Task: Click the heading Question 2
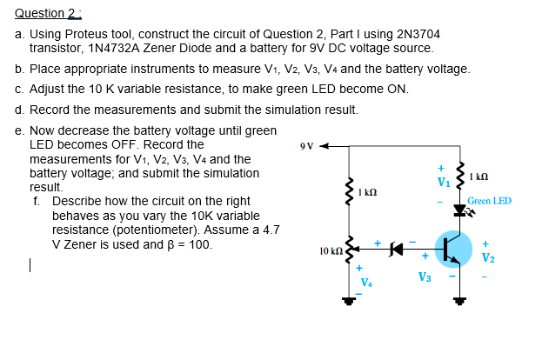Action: (40, 13)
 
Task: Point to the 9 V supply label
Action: (304, 145)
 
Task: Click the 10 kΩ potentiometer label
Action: (331, 250)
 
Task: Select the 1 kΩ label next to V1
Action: (478, 178)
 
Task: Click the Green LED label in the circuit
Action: (489, 202)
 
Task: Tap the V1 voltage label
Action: (444, 182)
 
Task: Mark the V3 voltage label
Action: (425, 277)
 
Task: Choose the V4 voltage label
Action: (366, 281)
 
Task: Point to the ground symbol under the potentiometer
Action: (351, 301)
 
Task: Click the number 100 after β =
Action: (201, 244)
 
